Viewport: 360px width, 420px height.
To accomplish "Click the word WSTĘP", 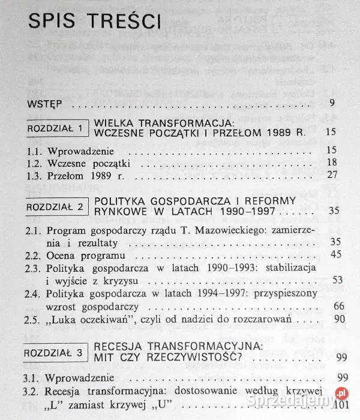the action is coord(45,104).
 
